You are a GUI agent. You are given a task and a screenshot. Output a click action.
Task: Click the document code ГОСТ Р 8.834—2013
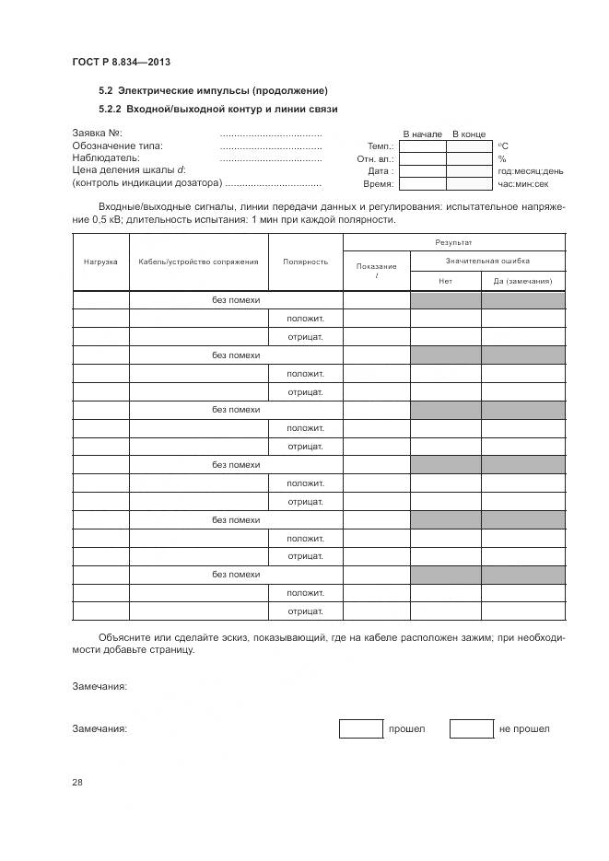click(x=121, y=62)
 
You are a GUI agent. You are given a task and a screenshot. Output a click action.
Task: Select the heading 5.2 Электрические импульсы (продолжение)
click(x=213, y=90)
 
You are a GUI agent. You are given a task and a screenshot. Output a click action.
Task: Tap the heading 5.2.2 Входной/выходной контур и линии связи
click(x=217, y=109)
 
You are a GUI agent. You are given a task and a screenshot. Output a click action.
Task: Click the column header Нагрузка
click(x=100, y=262)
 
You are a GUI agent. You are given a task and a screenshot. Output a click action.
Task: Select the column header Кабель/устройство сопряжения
click(x=198, y=262)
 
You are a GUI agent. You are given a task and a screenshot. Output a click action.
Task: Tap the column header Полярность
click(x=305, y=262)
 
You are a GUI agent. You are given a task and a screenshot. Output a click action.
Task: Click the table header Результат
click(x=453, y=242)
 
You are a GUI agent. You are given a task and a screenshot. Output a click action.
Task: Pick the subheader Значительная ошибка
click(x=486, y=262)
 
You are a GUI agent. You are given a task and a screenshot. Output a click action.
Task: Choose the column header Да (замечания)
click(x=522, y=281)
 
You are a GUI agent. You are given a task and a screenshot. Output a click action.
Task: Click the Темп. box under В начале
click(x=423, y=145)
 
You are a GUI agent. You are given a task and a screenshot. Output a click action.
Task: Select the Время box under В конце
click(x=469, y=183)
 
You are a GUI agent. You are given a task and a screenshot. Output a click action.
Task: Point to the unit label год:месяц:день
click(x=531, y=171)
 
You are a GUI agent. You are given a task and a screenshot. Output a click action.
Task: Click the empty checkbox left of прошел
click(x=360, y=728)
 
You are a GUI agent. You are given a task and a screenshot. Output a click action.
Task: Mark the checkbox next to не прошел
click(x=471, y=728)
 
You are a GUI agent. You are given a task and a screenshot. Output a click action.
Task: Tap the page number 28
click(x=77, y=783)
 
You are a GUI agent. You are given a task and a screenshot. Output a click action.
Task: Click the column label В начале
click(x=422, y=134)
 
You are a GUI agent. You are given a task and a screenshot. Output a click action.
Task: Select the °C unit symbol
click(x=503, y=146)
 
